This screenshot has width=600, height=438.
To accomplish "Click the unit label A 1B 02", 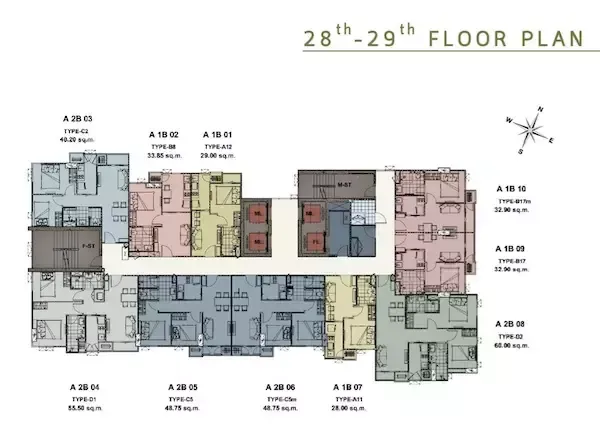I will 163,133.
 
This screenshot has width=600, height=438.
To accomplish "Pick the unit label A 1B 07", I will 350,386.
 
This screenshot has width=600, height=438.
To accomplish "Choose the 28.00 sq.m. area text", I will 350,408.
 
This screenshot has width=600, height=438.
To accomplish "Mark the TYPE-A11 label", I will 350,398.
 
